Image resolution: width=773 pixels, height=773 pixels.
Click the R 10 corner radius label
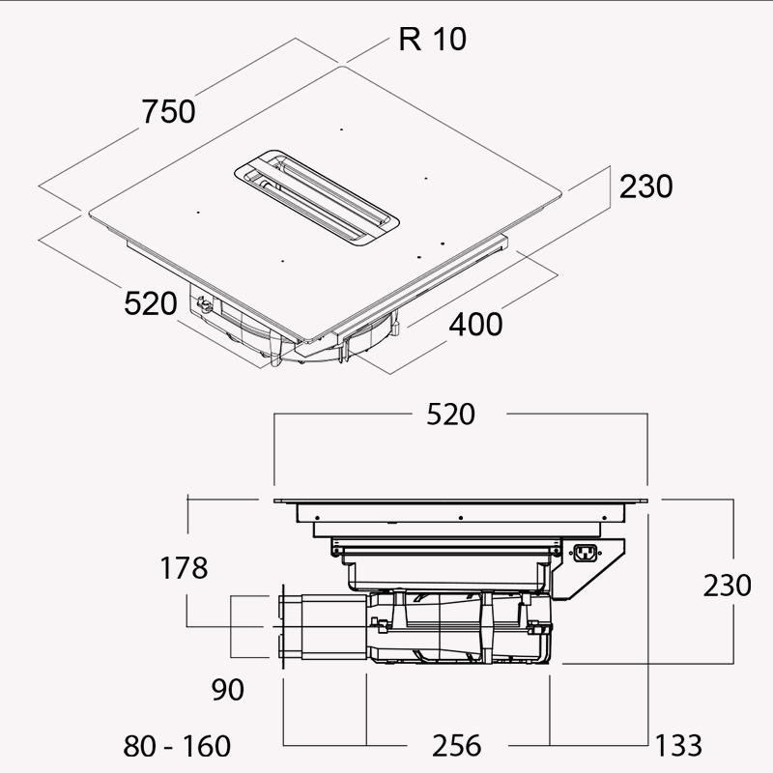coord(432,40)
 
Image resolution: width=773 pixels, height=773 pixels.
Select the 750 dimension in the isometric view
coord(168,111)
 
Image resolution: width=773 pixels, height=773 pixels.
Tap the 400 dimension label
coord(475,325)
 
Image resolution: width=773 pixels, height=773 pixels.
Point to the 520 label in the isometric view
coord(151,303)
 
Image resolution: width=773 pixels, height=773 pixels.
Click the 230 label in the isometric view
coord(645,186)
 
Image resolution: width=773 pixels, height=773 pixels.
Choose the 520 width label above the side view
coord(450,415)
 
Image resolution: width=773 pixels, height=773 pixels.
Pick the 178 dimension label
coord(184,568)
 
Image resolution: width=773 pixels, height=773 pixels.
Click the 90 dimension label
coord(228,690)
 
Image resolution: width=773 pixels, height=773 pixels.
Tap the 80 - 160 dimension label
coord(177,746)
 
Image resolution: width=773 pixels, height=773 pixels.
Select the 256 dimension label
coord(456,746)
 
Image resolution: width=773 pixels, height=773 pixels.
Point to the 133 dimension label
coord(679,745)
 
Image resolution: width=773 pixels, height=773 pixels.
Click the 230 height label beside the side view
coord(728,586)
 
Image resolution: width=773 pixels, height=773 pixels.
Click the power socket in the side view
coord(586,553)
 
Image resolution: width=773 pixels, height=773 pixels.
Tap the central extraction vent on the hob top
coord(317,198)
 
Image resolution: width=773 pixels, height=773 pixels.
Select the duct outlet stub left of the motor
coord(323,626)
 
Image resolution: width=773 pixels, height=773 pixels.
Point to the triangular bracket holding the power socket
coord(588,568)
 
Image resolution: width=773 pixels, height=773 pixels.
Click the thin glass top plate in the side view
coord(461,501)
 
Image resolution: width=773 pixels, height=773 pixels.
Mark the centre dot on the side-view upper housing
coord(461,518)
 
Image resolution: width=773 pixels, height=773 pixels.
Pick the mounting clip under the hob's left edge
coord(204,305)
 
